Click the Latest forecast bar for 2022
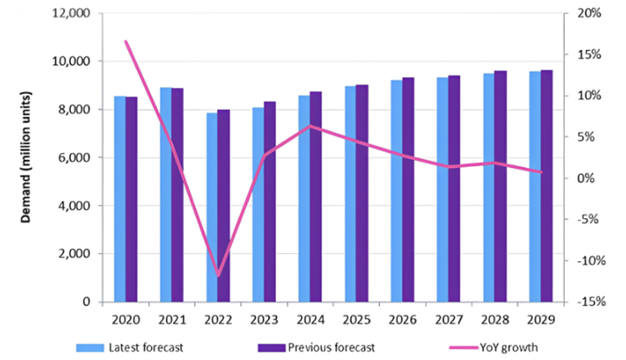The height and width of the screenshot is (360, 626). click(212, 207)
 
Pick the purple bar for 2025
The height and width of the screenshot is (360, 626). click(362, 193)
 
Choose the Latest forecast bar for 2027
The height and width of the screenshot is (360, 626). click(442, 189)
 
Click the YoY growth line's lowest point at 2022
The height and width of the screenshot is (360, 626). click(218, 275)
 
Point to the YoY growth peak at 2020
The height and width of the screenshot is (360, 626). click(126, 41)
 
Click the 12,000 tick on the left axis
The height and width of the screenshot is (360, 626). click(72, 13)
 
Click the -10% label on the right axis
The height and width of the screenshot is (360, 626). click(588, 261)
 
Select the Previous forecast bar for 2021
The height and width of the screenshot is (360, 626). click(177, 195)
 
